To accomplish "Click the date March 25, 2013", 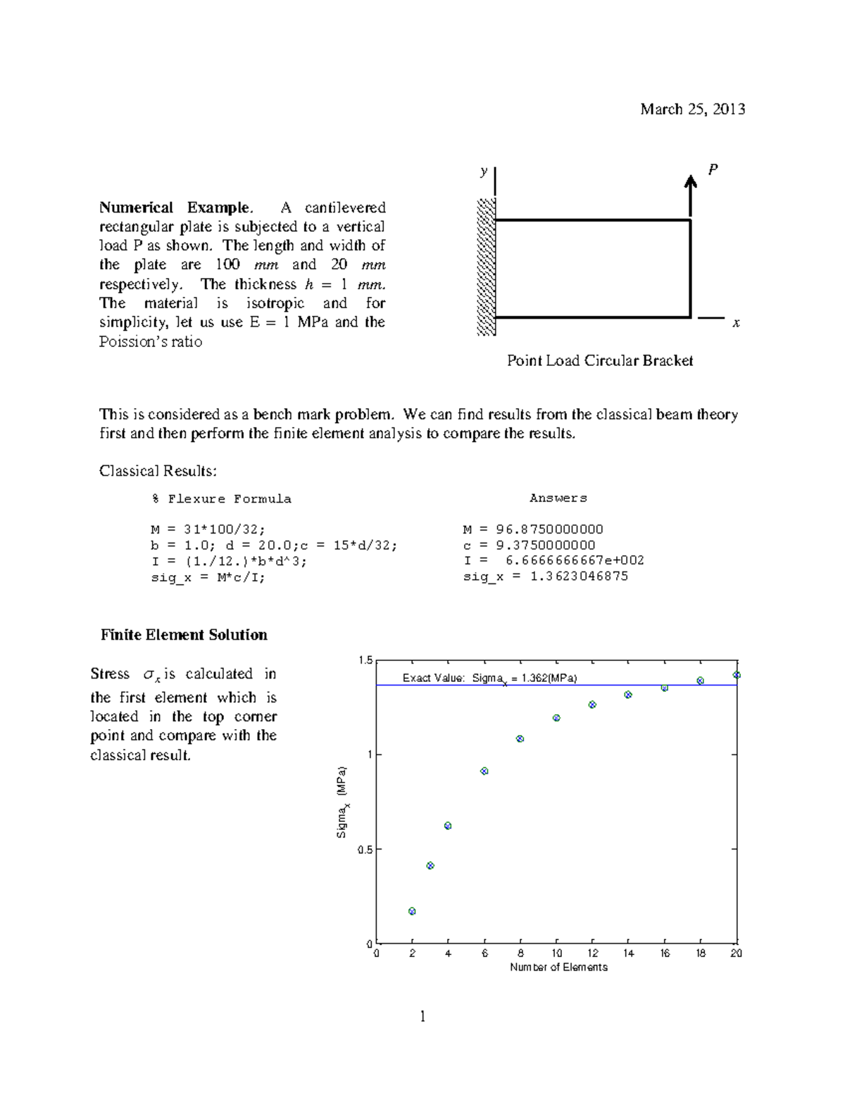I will coord(692,109).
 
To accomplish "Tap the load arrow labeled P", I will coord(691,196).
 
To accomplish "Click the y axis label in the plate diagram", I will coord(484,171).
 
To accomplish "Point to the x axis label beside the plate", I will coord(736,323).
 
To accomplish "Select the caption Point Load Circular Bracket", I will coord(600,361).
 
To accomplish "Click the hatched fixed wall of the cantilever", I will coord(486,267).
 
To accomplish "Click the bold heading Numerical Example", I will coord(175,208).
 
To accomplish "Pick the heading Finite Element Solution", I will coord(184,635).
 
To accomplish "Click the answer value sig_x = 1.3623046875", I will coord(545,576).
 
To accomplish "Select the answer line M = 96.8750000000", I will coord(532,529).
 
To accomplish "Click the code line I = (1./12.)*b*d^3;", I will coord(229,561).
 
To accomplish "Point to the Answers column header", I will coord(558,498).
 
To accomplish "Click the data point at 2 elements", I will coord(412,911).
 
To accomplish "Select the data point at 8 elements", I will coord(520,739).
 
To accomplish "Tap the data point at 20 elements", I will coord(737,675).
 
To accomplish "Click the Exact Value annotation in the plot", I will coord(489,678).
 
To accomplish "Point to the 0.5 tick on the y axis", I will coord(365,849).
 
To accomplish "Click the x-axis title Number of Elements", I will coord(558,968).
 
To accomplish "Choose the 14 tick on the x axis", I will coord(628,954).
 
